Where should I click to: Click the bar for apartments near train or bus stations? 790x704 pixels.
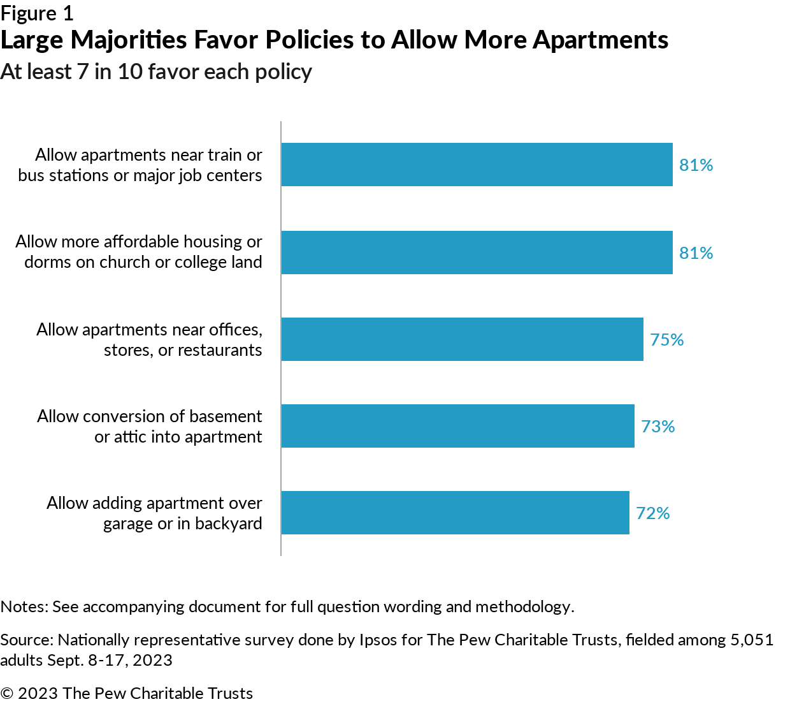[477, 165]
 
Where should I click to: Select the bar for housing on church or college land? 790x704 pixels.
[477, 253]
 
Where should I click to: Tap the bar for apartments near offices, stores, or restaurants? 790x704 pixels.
[462, 339]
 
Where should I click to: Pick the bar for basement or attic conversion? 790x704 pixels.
[457, 426]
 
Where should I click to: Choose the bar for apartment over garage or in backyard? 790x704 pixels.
[455, 513]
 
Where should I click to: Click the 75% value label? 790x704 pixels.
[666, 339]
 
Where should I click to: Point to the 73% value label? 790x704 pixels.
[657, 426]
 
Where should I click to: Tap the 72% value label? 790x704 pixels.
[652, 513]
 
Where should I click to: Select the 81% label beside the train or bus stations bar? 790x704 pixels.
[696, 165]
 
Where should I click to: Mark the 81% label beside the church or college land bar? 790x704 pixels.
[696, 253]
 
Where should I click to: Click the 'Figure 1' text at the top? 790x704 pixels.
[37, 13]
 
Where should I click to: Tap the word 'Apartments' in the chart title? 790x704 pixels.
[600, 40]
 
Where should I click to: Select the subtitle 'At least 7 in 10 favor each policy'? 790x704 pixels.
[156, 72]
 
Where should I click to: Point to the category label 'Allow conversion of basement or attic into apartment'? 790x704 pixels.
[150, 426]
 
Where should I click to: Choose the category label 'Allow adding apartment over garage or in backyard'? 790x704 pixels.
[154, 513]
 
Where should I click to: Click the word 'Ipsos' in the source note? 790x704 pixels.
[378, 640]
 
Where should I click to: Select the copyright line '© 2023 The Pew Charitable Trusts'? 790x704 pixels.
[126, 693]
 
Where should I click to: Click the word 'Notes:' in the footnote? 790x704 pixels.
[24, 606]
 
